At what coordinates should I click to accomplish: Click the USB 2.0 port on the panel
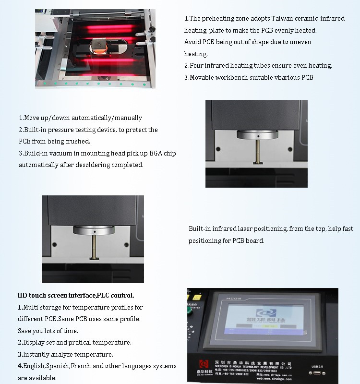pos(317,372)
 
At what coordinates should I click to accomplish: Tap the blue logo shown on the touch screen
pos(259,312)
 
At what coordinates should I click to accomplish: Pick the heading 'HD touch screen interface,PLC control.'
pos(76,295)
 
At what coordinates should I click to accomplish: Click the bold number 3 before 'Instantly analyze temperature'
pos(20,355)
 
